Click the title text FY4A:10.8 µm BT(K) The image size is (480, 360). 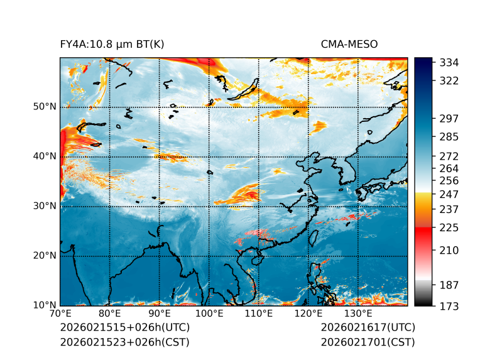pos(112,44)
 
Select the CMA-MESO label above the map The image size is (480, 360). pos(349,44)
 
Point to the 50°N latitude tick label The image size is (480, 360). pos(45,107)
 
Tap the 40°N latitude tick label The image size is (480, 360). pos(45,156)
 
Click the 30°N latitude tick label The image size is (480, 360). pos(45,206)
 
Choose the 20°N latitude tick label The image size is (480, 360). pos(45,256)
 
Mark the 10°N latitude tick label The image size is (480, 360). pos(45,305)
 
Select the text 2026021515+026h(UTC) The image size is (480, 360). pos(124,328)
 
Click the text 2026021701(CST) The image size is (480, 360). pos(368,342)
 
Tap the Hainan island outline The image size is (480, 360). pos(256,259)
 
